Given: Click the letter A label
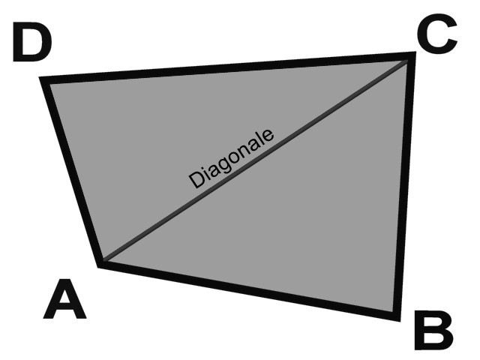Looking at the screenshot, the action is coord(64,298).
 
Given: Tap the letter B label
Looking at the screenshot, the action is coord(433,330).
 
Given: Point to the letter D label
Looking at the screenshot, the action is coord(32,41).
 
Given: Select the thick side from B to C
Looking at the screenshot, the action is coord(404,187).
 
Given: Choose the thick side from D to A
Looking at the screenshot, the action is coord(71,172).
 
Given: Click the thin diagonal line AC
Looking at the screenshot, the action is coord(256,160).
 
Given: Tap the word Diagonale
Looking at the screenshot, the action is coord(231,158).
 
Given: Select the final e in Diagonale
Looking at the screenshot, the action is coord(267,136).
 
